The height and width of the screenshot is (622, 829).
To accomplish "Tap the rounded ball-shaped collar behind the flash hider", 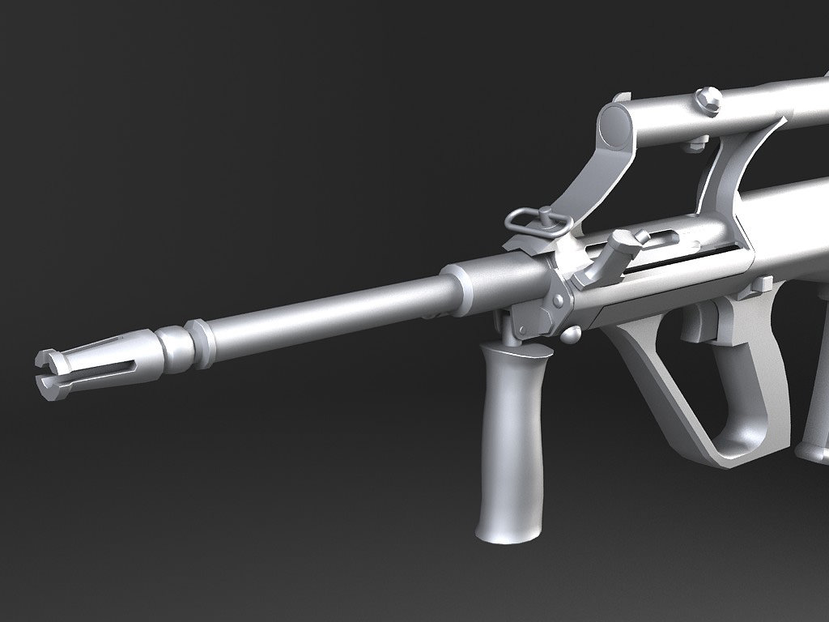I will (172, 346).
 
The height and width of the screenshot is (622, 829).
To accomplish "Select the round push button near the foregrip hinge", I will (572, 332).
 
